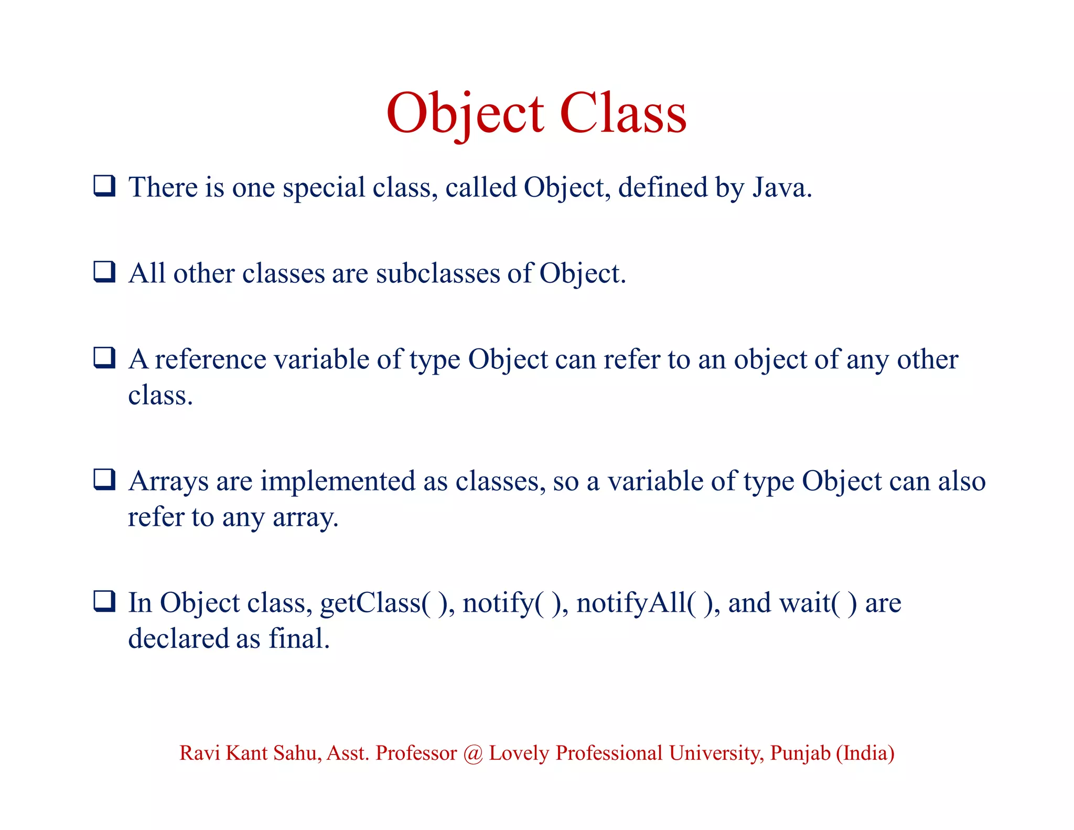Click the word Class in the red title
pos(623,113)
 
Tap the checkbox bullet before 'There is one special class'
pos(104,186)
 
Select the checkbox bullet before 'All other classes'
pos(104,272)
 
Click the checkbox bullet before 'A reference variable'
pos(104,358)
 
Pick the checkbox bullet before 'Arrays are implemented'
pos(104,480)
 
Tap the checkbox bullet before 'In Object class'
pos(104,601)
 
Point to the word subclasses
pos(438,273)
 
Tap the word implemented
pos(338,482)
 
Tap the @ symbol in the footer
pos(473,753)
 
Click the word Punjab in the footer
pos(800,753)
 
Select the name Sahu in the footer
pos(297,753)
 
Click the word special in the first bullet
pos(324,188)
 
